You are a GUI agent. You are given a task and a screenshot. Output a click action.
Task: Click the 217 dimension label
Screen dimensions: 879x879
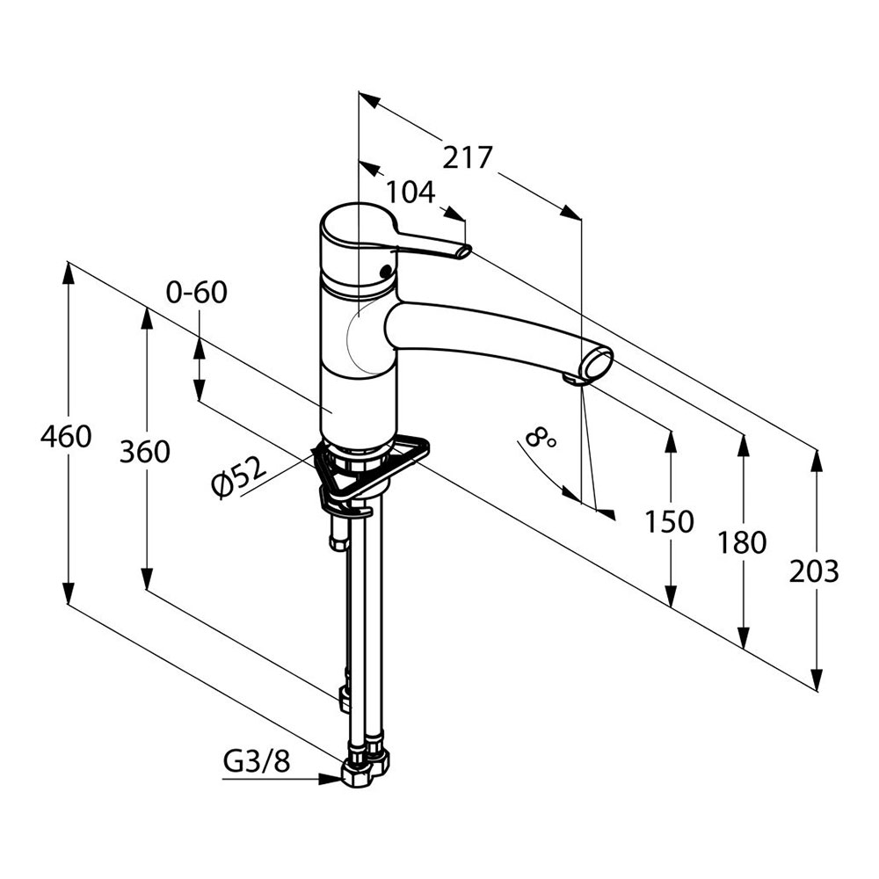467,157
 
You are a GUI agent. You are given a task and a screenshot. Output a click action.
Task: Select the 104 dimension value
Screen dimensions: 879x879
410,191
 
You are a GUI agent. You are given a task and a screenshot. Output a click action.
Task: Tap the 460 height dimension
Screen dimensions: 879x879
66,436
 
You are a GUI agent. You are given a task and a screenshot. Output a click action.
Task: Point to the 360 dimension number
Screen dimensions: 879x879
144,452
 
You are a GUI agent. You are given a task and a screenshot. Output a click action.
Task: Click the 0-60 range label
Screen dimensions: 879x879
196,292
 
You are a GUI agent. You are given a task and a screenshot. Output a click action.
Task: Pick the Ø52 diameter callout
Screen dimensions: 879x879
239,477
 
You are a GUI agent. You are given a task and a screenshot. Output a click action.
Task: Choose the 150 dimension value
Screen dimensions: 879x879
669,522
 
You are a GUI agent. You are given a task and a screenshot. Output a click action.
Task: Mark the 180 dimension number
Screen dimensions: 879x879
742,542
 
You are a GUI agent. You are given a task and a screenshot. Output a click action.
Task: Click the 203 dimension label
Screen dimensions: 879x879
814,571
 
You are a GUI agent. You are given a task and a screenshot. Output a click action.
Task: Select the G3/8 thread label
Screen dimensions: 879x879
256,761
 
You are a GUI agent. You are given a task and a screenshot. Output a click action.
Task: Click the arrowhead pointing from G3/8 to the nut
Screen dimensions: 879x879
336,778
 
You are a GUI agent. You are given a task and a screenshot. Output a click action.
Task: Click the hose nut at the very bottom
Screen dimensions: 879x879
360,774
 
